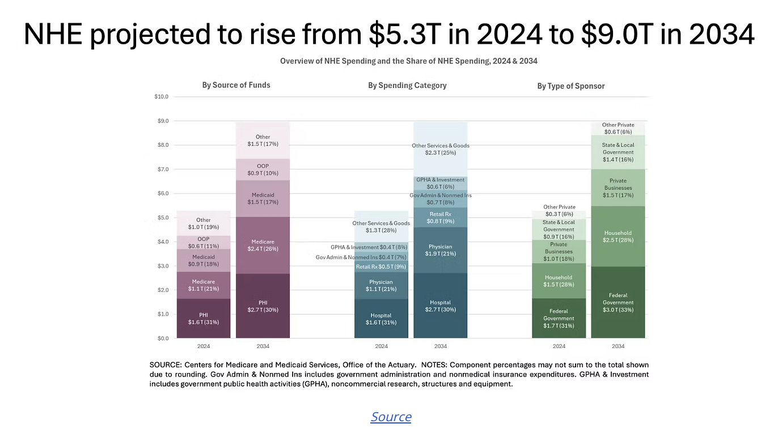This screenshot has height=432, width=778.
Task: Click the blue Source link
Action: (x=391, y=416)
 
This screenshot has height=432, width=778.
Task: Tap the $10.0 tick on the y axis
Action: (x=161, y=96)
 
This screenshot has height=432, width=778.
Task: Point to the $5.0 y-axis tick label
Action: (x=163, y=217)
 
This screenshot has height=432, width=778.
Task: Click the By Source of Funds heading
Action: (x=236, y=85)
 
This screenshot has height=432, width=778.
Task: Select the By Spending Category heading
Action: (x=407, y=86)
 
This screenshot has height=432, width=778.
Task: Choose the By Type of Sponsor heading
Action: (x=571, y=86)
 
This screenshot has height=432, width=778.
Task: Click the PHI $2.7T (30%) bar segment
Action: (x=263, y=306)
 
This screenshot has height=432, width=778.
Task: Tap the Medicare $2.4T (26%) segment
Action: (x=263, y=245)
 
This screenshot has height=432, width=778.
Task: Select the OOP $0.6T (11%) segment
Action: (x=204, y=243)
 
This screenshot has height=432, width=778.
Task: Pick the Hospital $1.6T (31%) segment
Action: (x=381, y=319)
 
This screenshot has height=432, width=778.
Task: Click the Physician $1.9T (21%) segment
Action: (x=441, y=250)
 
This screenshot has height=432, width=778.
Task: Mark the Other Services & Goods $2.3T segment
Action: (x=441, y=149)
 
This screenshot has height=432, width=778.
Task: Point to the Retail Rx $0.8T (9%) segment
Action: (x=441, y=218)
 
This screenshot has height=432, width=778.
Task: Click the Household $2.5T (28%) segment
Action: (x=618, y=236)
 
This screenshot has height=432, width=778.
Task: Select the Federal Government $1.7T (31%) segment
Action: (x=559, y=319)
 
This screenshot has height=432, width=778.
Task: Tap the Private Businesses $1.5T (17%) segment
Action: (x=618, y=188)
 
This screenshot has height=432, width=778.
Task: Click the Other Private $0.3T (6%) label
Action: (x=559, y=210)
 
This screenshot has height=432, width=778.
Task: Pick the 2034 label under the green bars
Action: (x=618, y=346)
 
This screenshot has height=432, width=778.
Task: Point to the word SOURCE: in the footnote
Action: (x=166, y=365)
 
